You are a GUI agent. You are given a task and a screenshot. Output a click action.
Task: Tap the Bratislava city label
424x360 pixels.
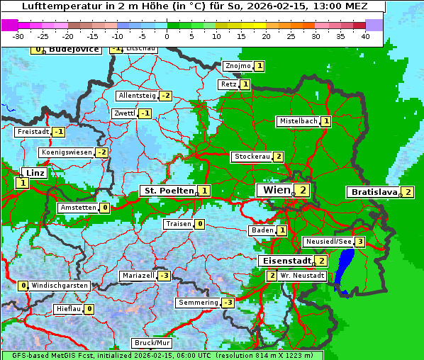[x=373, y=192]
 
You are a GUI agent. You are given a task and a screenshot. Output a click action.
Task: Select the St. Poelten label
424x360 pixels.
[x=168, y=191]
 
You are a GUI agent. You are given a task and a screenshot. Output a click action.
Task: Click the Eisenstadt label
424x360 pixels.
[x=285, y=261]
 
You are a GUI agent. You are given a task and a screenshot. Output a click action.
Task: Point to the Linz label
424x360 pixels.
[x=35, y=173]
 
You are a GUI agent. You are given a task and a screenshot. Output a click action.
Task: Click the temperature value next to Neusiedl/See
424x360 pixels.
[x=360, y=242]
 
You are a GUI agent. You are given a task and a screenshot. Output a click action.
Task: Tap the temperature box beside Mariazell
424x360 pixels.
[x=164, y=276]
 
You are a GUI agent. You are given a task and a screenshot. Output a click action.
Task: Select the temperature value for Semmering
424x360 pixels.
[x=228, y=303]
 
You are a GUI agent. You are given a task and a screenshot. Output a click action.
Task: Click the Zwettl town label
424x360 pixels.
[x=124, y=113]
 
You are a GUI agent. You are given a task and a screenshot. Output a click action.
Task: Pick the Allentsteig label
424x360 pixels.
[x=137, y=96]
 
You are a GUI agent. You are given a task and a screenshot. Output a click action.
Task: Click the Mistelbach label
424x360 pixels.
[x=298, y=121]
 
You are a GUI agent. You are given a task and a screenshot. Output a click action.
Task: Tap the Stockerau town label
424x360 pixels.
[x=252, y=157]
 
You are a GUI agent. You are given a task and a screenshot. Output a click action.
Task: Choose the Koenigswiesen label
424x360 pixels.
[x=66, y=152]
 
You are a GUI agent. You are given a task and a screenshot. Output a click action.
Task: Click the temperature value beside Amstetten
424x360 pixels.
[x=104, y=208]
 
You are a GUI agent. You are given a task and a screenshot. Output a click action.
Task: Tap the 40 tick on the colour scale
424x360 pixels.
[x=365, y=35]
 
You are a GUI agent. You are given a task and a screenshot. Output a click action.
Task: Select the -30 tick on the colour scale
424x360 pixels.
[x=18, y=35]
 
